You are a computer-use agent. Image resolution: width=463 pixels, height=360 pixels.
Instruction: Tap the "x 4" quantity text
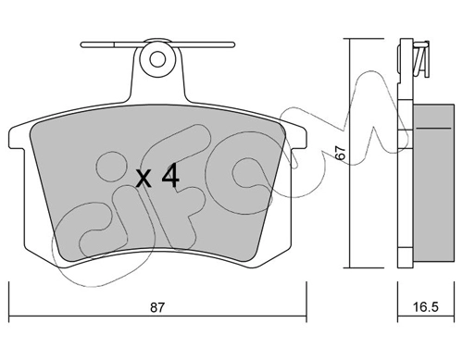[156, 178]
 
